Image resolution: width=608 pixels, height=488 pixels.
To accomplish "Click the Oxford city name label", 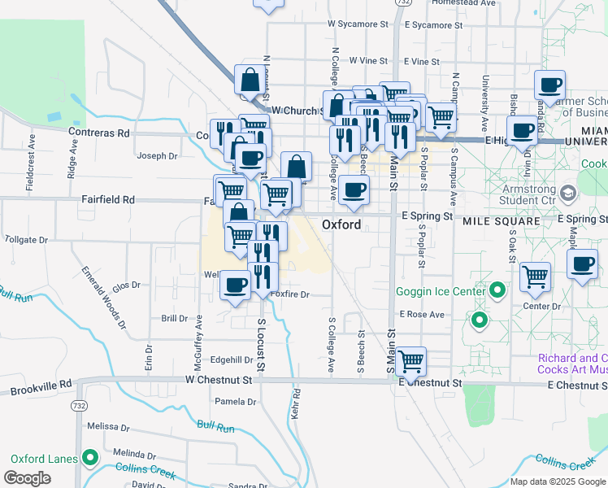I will [341, 224].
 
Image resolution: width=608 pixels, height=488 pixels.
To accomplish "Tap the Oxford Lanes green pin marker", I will [89, 458].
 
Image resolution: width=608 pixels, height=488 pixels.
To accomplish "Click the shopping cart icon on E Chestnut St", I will [410, 359].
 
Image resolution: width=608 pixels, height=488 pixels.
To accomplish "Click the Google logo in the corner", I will [27, 478].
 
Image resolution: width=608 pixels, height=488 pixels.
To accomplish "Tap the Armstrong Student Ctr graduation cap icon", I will [567, 194].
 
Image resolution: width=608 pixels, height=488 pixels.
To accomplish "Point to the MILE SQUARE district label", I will [501, 221].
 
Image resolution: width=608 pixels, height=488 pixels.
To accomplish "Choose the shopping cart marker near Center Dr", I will [535, 277].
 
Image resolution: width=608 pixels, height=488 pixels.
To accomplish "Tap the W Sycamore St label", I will [358, 24].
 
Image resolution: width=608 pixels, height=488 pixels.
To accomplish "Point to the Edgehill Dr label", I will [232, 359].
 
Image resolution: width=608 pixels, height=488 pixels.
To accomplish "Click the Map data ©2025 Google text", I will [558, 481].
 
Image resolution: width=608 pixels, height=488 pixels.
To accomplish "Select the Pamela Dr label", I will [235, 401].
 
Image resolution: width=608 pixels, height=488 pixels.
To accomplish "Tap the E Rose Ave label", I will [422, 314].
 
